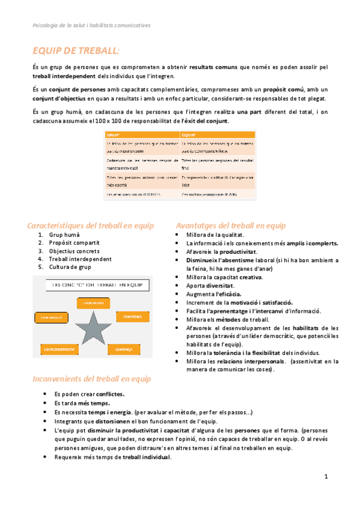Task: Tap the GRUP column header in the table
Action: click(112, 135)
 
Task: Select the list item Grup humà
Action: click(64, 234)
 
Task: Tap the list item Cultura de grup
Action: click(70, 266)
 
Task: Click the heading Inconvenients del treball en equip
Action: click(91, 378)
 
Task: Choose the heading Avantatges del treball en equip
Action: click(230, 225)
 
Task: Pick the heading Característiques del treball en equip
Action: click(91, 225)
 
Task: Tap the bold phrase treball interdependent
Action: click(63, 76)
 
